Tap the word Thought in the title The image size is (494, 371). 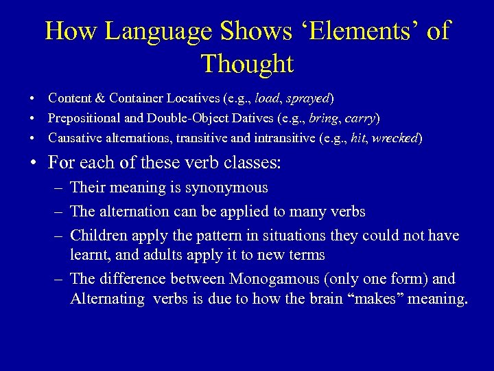click(247, 64)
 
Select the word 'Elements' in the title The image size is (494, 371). click(360, 32)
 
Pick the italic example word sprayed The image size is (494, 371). click(308, 98)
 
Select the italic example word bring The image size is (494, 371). click(323, 118)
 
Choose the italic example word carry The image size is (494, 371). click(360, 118)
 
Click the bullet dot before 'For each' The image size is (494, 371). click(33, 164)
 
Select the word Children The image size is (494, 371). click(97, 236)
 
